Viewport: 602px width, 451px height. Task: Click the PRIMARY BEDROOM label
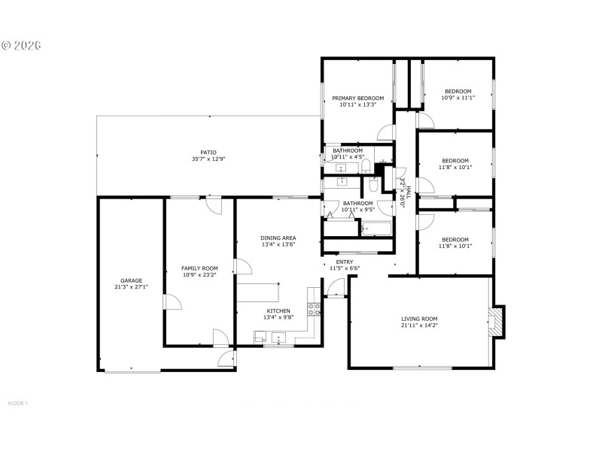[358, 98]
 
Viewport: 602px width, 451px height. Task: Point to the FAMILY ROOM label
[199, 268]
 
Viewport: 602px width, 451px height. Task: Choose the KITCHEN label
[278, 310]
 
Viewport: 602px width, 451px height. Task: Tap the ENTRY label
[345, 262]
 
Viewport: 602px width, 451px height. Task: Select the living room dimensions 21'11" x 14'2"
[419, 326]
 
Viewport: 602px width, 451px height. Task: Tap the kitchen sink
[278, 339]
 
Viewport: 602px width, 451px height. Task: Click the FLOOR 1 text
[17, 404]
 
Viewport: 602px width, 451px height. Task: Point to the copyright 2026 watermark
[21, 45]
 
